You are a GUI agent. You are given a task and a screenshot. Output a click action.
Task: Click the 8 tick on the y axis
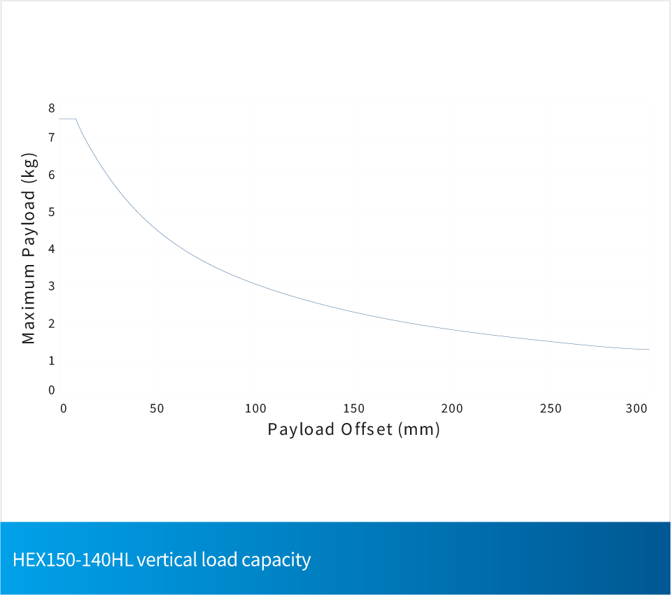pyautogui.click(x=51, y=108)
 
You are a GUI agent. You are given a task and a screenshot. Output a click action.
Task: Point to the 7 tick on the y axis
pyautogui.click(x=51, y=138)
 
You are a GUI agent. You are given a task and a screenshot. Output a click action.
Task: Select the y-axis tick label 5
pyautogui.click(x=51, y=212)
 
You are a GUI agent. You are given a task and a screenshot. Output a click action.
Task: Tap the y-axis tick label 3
pyautogui.click(x=51, y=286)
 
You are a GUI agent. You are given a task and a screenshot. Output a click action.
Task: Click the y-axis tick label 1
pyautogui.click(x=51, y=360)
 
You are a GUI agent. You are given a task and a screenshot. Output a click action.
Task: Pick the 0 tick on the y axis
pyautogui.click(x=51, y=390)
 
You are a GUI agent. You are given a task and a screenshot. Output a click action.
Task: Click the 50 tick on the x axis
pyautogui.click(x=157, y=408)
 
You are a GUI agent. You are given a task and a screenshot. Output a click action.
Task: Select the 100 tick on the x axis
pyautogui.click(x=256, y=408)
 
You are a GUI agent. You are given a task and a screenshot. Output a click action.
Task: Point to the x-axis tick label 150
pyautogui.click(x=354, y=408)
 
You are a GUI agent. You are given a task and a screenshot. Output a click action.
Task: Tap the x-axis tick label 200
pyautogui.click(x=453, y=408)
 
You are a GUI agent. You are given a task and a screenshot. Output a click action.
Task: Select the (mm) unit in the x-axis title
pyautogui.click(x=419, y=429)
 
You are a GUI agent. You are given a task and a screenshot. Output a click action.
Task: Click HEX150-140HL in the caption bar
pyautogui.click(x=71, y=560)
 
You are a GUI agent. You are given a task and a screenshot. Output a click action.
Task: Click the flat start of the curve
pyautogui.click(x=67, y=119)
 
